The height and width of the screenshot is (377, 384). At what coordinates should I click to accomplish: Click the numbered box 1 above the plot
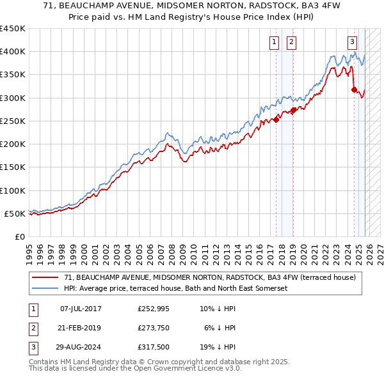coord(274,43)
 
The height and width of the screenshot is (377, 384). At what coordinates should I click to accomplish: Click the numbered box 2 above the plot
coord(291,43)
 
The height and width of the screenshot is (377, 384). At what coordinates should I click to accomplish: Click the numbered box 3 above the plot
coord(352,43)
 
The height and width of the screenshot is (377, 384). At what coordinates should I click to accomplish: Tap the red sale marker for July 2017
coord(276,119)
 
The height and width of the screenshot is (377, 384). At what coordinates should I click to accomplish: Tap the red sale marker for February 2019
coord(293,110)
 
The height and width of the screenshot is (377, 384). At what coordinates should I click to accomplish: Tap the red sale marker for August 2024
coord(354,89)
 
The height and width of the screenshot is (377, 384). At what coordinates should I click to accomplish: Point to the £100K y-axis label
coord(13,190)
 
